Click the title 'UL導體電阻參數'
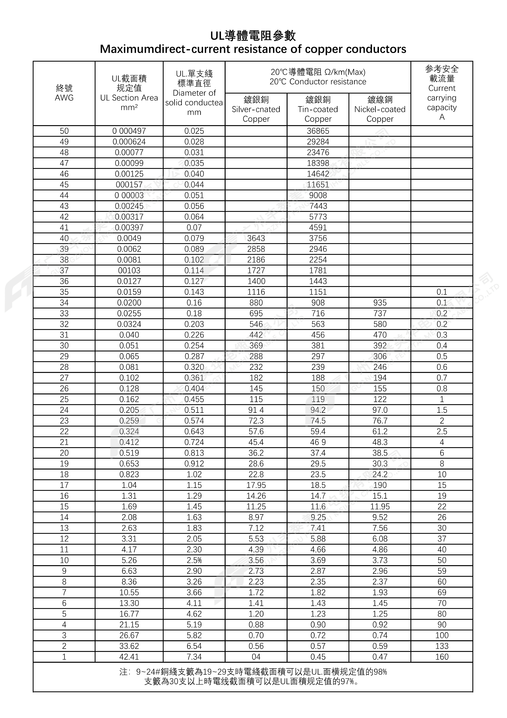[x=253, y=36]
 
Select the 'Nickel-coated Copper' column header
[x=380, y=109]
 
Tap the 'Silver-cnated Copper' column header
[x=256, y=109]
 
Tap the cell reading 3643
[x=256, y=238]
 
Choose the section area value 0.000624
[x=129, y=142]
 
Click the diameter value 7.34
[x=194, y=657]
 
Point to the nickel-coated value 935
[x=380, y=303]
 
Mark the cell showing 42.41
[x=129, y=657]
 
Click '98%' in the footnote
[x=380, y=672]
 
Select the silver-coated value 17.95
[x=256, y=485]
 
